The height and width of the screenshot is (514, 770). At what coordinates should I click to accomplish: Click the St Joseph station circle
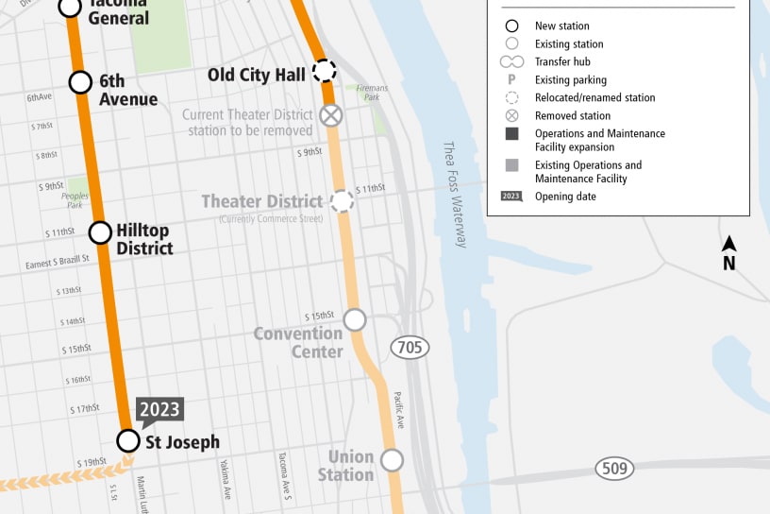(x=127, y=440)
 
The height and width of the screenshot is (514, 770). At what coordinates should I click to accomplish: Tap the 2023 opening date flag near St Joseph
(x=159, y=409)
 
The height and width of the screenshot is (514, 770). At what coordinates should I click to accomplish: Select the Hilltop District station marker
(x=100, y=232)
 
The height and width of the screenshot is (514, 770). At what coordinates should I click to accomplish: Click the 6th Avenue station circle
(x=80, y=82)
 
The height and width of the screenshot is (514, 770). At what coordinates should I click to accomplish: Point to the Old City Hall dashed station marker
(x=324, y=71)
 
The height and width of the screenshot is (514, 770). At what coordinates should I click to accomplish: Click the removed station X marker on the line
(x=330, y=115)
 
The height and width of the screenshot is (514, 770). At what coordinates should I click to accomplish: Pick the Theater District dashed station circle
(x=342, y=200)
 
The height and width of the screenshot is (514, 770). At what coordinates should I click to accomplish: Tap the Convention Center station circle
(x=355, y=319)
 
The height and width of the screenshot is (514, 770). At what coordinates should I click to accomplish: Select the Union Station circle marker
(x=392, y=460)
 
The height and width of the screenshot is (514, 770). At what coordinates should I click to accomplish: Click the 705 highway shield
(x=410, y=348)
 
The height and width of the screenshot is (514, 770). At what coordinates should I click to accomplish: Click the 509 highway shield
(x=614, y=467)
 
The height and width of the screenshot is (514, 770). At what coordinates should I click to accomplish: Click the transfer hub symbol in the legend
(x=511, y=62)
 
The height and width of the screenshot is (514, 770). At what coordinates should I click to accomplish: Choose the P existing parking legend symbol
(x=511, y=80)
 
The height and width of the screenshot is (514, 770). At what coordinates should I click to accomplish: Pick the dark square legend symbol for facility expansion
(x=511, y=134)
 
